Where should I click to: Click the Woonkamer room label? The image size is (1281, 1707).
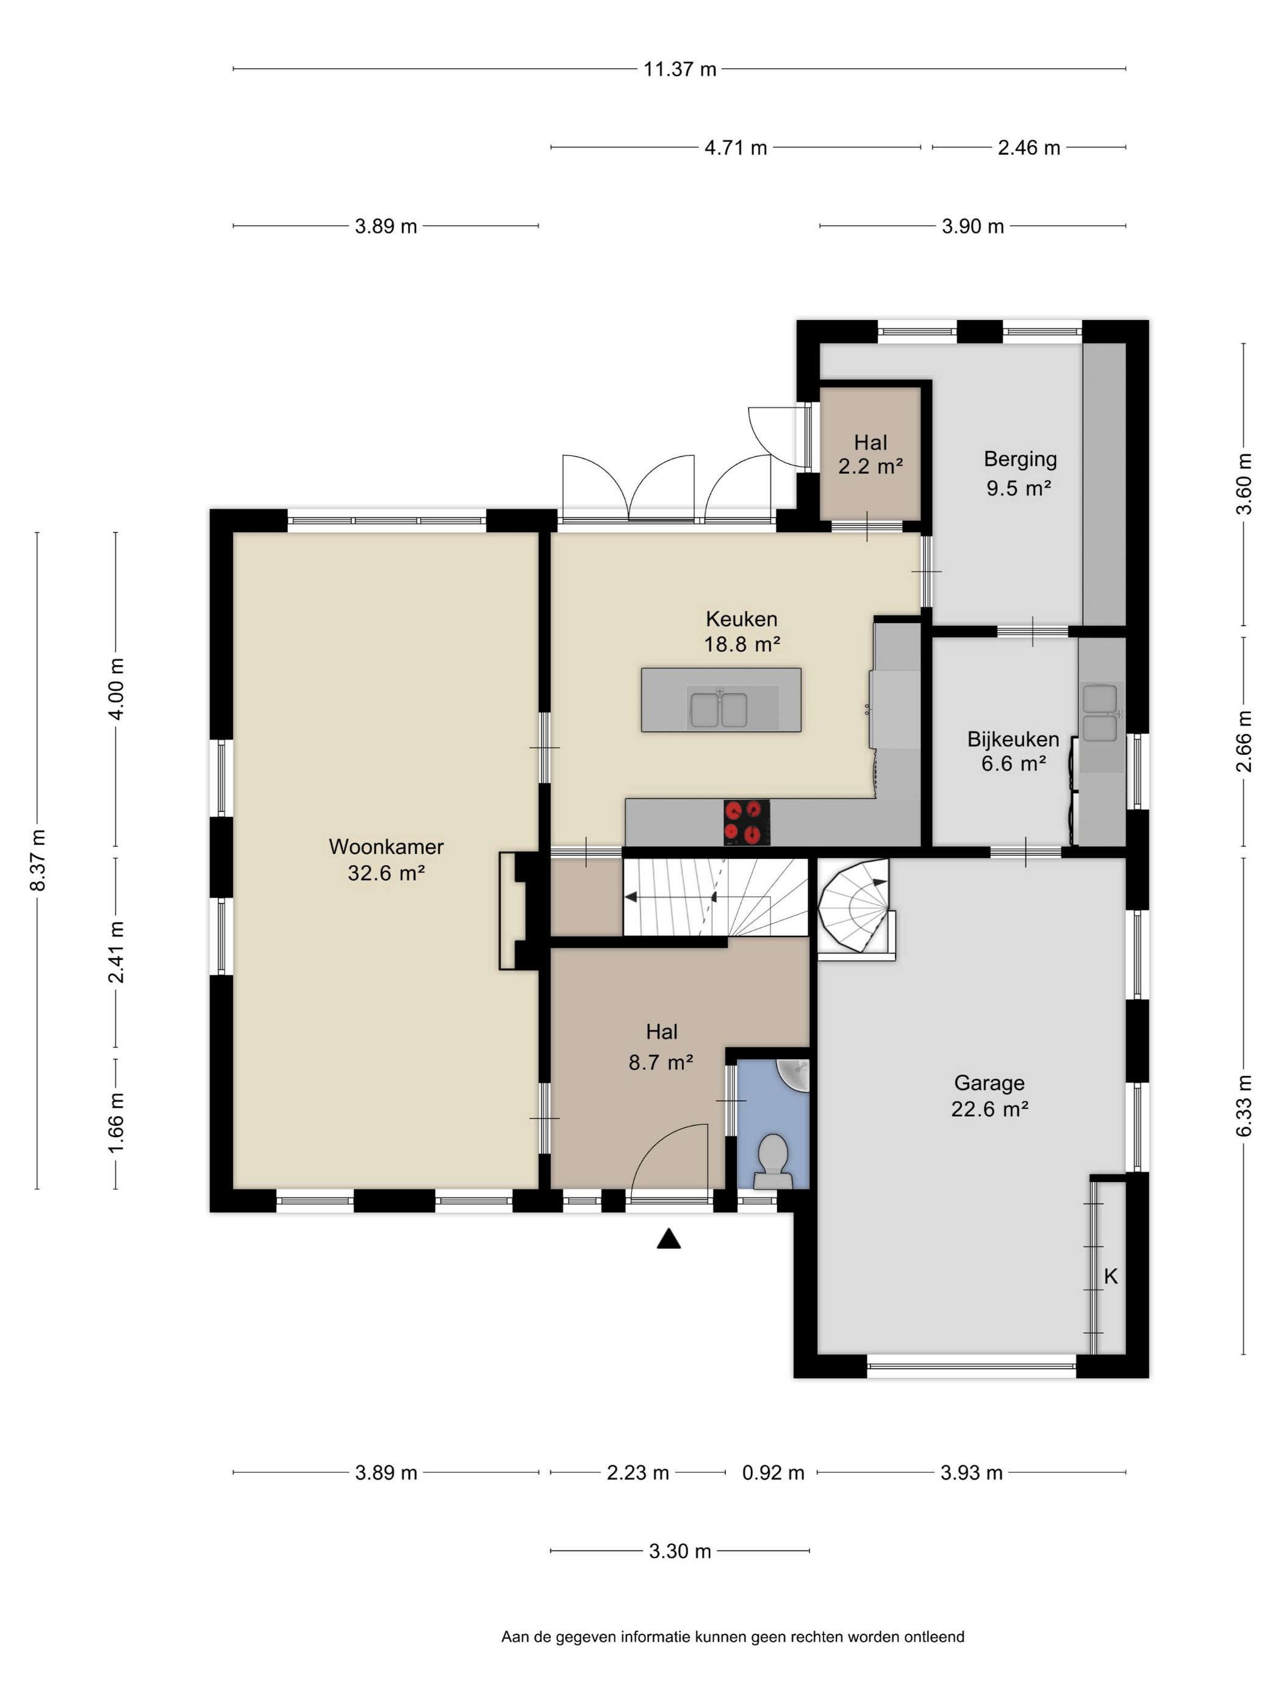(x=386, y=847)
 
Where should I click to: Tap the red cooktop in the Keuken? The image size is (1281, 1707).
(x=747, y=821)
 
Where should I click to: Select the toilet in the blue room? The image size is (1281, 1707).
(x=773, y=1161)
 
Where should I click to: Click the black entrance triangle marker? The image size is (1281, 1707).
(x=669, y=1239)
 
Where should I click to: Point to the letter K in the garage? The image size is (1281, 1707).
(x=1110, y=1277)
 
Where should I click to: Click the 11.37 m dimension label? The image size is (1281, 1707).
(x=680, y=69)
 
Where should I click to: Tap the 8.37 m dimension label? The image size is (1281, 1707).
(x=37, y=860)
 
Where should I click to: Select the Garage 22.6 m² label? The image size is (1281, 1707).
(x=989, y=1096)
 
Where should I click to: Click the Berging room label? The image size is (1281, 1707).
(x=1020, y=459)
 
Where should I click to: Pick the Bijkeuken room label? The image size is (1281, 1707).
(x=1013, y=739)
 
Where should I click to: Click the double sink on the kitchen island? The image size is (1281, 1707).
(x=719, y=709)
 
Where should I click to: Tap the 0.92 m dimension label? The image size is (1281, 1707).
(x=773, y=1472)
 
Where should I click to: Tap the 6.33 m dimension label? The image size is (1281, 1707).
(x=1243, y=1106)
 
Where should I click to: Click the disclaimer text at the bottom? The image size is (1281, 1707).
(x=733, y=1637)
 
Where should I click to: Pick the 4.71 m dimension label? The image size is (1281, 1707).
(x=735, y=148)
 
